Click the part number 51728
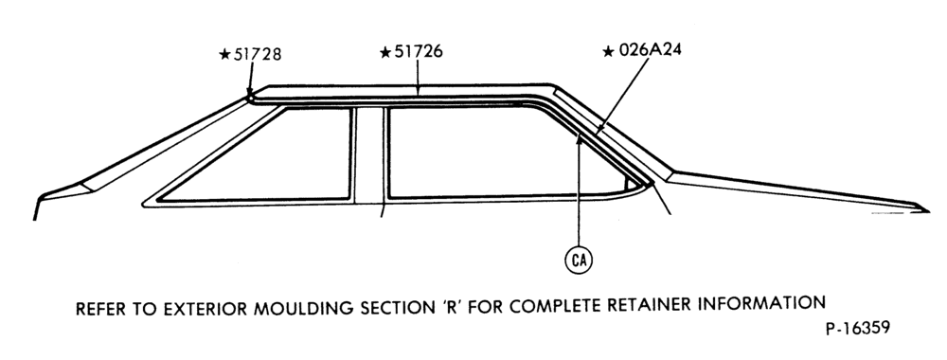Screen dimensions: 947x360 258,54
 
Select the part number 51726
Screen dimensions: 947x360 418,52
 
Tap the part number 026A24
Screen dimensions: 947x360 650,50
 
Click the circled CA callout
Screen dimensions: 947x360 579,260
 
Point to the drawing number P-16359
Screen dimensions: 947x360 858,328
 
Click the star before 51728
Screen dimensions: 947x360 224,55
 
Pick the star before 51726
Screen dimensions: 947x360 385,52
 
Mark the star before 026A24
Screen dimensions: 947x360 609,51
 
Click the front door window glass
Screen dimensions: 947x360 272,155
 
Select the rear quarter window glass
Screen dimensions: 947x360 501,151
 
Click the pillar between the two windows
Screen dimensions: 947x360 369,155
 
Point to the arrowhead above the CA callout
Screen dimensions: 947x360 579,140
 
